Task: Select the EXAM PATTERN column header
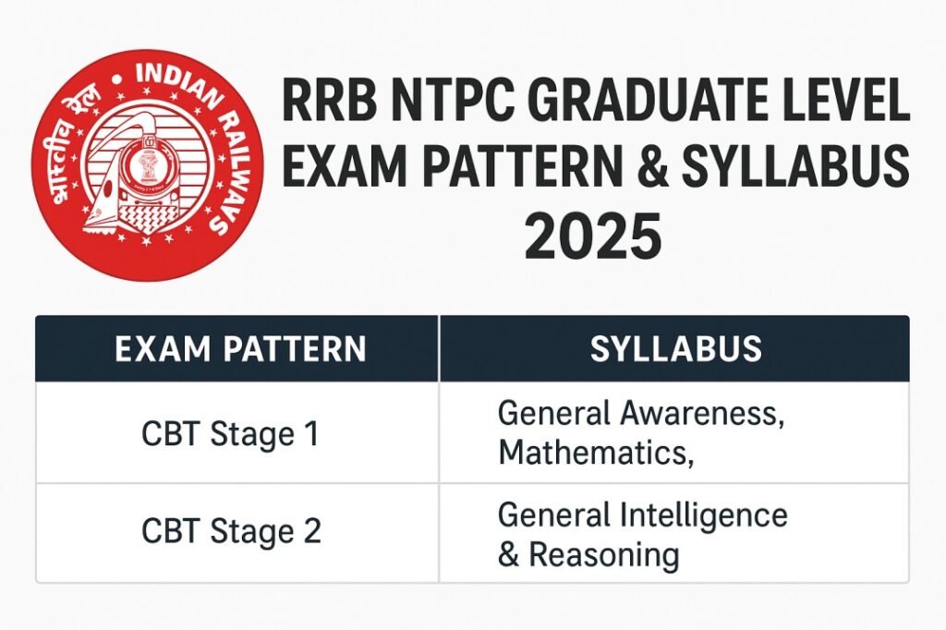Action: (239, 348)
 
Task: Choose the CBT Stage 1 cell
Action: (230, 433)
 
